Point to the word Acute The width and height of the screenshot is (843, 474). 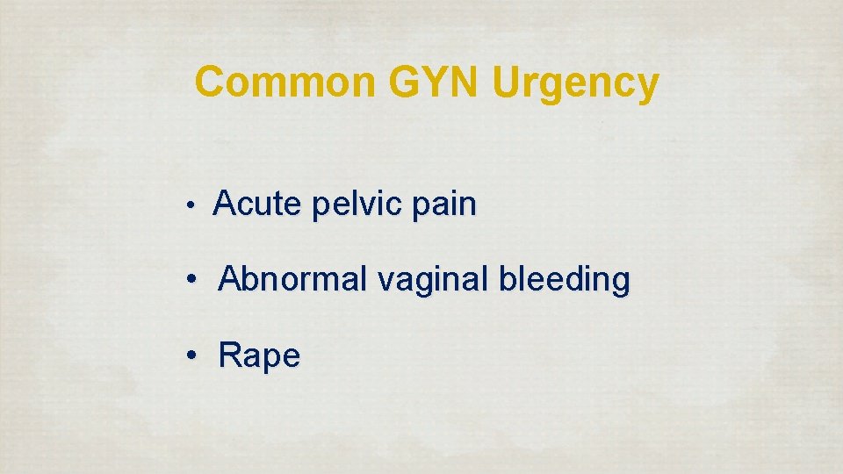tap(256, 205)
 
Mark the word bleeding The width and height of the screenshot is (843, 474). tap(564, 280)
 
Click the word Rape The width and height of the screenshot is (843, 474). tap(260, 356)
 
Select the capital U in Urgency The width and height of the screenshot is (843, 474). tap(508, 83)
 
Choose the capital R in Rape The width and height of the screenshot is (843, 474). tap(231, 355)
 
